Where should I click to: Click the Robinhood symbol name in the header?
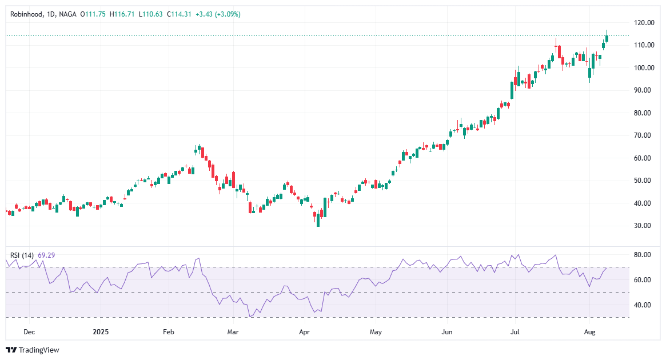27,14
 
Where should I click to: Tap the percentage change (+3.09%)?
227,14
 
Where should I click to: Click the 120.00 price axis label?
644,23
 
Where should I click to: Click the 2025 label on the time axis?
101,331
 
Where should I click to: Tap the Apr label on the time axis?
304,331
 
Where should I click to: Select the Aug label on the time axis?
589,331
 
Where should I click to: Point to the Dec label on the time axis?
29,331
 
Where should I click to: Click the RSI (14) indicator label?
22,255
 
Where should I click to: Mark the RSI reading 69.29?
46,255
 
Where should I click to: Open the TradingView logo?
33,350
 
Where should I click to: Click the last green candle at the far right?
607,38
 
